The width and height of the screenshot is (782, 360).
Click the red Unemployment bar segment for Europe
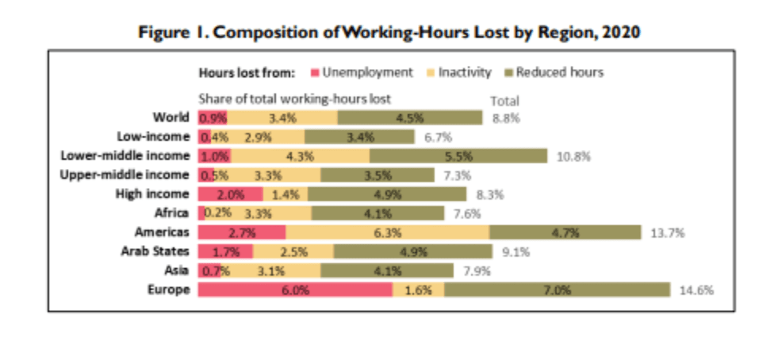(294, 289)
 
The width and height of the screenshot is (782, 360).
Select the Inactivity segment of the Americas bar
(387, 232)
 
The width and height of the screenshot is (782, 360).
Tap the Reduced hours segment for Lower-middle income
(458, 156)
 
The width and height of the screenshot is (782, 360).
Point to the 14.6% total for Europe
(697, 290)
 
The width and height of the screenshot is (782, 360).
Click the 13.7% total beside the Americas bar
(667, 233)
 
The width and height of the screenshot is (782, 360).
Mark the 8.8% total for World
(505, 118)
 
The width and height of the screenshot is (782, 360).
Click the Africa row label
(174, 213)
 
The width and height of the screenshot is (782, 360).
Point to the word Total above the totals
(504, 101)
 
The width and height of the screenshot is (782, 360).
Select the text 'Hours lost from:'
(247, 73)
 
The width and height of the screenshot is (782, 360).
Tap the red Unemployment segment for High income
(230, 194)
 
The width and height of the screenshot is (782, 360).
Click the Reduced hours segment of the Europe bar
(557, 289)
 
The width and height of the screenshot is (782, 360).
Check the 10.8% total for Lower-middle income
(573, 156)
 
